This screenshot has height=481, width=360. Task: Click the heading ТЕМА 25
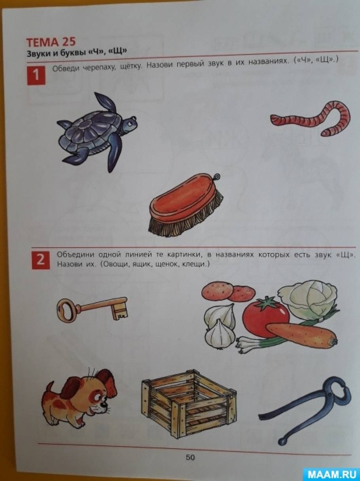click(x=51, y=42)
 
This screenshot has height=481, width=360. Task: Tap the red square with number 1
click(x=36, y=75)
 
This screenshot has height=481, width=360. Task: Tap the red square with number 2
click(x=41, y=260)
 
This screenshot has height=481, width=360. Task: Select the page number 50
click(x=190, y=456)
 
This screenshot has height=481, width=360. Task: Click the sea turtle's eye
click(x=130, y=124)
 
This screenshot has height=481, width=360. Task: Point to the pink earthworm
click(x=311, y=118)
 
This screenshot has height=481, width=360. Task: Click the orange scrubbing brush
click(x=186, y=205)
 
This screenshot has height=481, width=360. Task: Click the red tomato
click(x=266, y=316)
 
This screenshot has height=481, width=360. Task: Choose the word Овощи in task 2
click(x=116, y=265)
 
